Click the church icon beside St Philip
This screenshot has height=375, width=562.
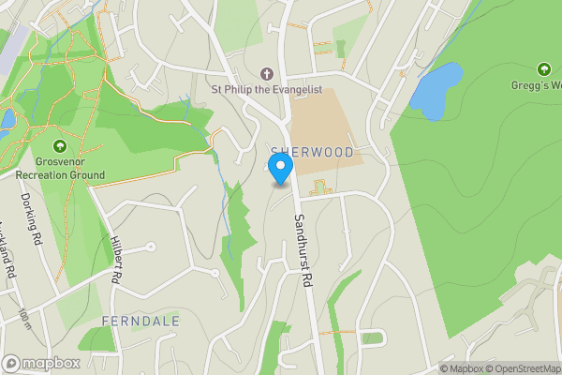click(266, 73)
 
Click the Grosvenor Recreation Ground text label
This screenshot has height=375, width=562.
click(59, 167)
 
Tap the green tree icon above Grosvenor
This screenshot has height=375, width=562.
click(60, 145)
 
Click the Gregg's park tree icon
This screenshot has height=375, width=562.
click(544, 69)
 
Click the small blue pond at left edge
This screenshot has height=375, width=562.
click(7, 119)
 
